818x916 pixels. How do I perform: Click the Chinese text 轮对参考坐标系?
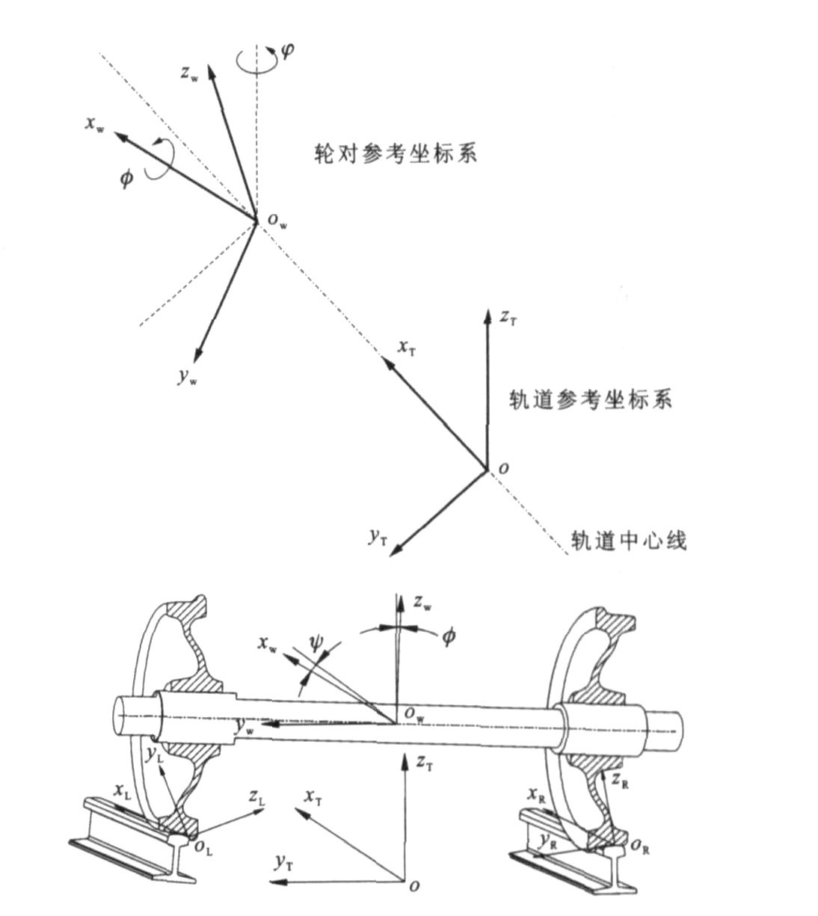pos(396,153)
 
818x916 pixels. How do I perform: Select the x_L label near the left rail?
pos(123,790)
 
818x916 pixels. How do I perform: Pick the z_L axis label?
pos(256,798)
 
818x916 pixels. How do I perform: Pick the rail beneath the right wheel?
pos(576,860)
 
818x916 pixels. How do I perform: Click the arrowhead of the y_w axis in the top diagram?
pos(197,357)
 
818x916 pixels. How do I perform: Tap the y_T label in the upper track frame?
pos(378,536)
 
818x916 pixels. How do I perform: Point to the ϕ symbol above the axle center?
pos(448,637)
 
